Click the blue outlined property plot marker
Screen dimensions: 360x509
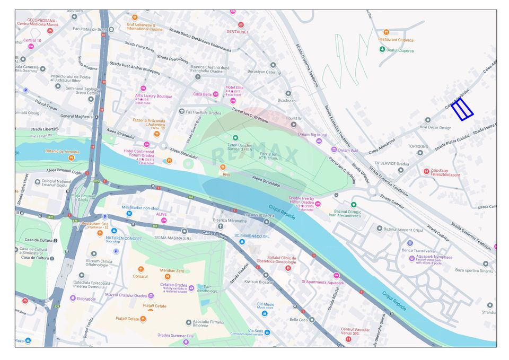tap(462, 109)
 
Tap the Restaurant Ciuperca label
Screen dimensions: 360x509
tap(396, 40)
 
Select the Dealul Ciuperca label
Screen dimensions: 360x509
tap(400, 50)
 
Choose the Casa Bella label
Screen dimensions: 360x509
tap(202, 94)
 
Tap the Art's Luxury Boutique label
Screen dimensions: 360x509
tap(154, 96)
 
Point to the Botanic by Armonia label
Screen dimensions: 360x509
tap(62, 151)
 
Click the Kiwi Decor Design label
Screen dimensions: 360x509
tap(435, 127)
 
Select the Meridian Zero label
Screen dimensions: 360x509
tap(172, 270)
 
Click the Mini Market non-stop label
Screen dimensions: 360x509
tap(140, 208)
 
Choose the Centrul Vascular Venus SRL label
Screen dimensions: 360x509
tap(355, 331)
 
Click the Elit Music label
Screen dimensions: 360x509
tap(266, 305)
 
